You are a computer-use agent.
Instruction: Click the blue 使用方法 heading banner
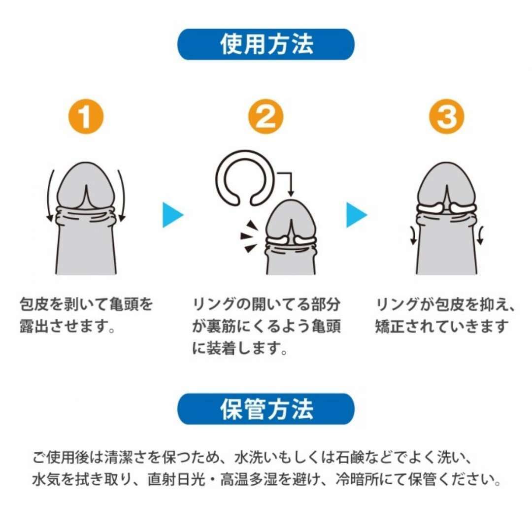tap(266, 44)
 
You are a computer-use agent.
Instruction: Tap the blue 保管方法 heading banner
tap(266, 409)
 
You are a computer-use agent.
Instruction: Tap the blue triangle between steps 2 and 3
tap(355, 215)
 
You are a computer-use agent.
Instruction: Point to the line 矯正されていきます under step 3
tap(441, 327)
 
